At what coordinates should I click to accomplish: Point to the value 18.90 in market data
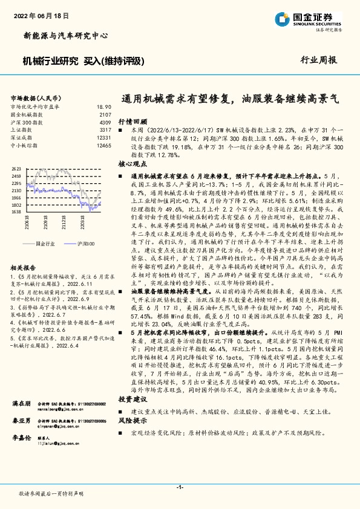click(104, 106)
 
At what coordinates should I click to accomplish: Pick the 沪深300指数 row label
click(25, 122)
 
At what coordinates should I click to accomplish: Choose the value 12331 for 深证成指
click(104, 138)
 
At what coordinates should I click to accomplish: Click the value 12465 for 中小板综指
click(104, 146)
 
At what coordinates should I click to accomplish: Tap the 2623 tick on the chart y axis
click(16, 169)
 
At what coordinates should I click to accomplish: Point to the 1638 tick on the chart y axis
click(16, 212)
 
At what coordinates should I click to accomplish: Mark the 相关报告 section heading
click(25, 267)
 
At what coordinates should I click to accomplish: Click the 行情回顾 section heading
click(132, 121)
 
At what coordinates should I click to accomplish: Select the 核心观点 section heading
click(132, 164)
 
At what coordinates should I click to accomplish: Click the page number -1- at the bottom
click(180, 487)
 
